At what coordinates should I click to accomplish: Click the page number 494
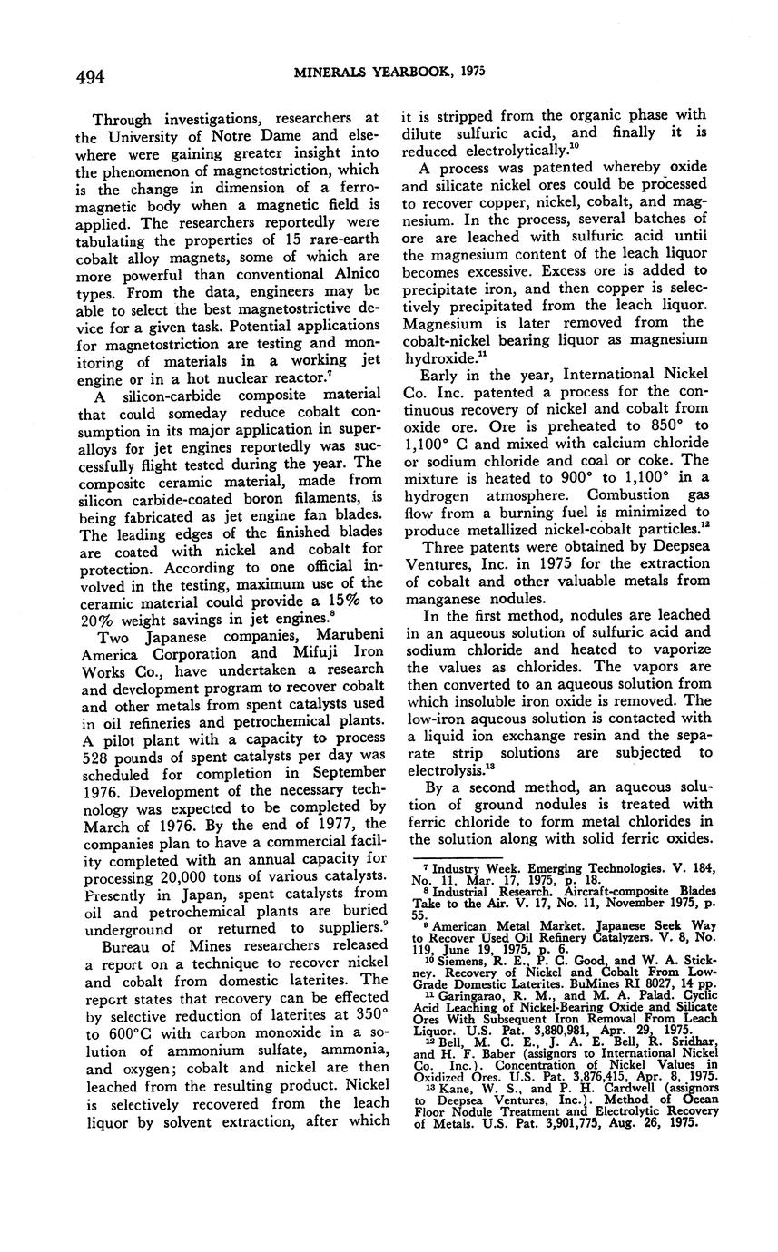(90, 76)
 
